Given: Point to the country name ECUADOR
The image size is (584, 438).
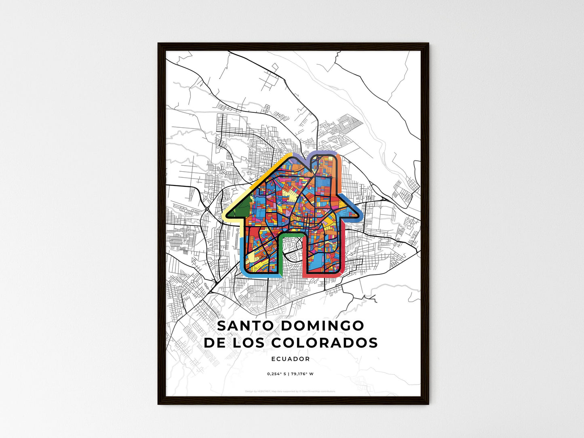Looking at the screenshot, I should [291, 359].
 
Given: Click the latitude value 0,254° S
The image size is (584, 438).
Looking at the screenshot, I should [276, 374].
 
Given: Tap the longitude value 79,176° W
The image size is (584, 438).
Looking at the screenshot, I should [301, 374].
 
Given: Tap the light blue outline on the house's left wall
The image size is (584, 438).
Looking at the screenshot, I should [242, 255].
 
